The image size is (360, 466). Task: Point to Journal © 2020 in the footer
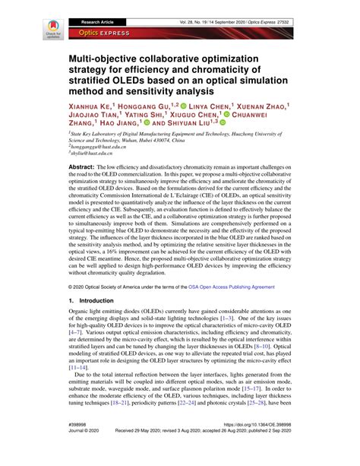tap(84, 453)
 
